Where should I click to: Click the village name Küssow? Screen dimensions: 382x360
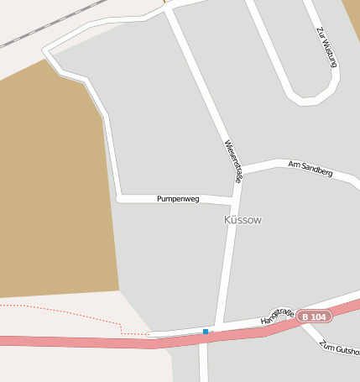pos(243,220)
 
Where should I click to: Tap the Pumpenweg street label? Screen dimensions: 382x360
pos(178,199)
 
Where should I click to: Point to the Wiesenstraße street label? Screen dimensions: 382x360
pos(233,161)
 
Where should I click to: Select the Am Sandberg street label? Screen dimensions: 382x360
pos(310,168)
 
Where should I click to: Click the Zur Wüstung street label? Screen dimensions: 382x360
pos(327,46)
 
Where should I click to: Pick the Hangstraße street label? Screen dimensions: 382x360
pos(277,317)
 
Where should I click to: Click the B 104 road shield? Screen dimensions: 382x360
pos(314,317)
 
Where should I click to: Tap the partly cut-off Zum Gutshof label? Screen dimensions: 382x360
pos(340,347)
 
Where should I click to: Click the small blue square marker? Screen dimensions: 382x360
pos(206,332)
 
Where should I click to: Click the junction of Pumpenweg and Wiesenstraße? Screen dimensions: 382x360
pos(233,202)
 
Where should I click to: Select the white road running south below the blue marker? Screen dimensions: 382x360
pos(203,361)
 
